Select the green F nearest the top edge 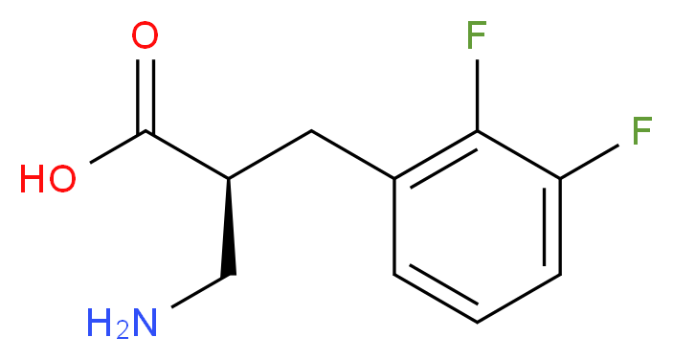point(476,37)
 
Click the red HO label point(48,178)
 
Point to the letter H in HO point(33,178)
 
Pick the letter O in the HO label point(63,178)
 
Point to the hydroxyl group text point(48,178)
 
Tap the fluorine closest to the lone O point(476,37)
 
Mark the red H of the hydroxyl point(33,178)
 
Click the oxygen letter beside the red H point(63,178)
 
